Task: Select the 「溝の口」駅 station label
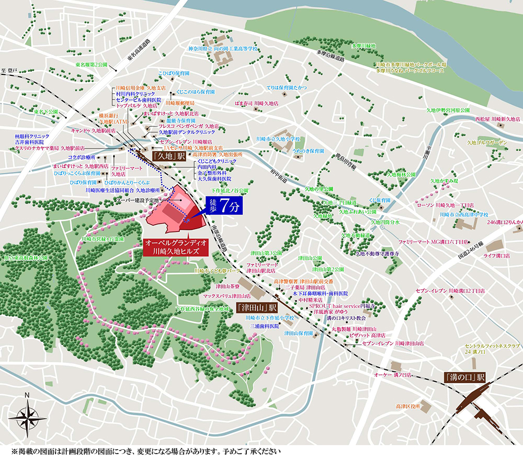(464, 376)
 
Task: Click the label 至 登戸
(9, 70)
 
